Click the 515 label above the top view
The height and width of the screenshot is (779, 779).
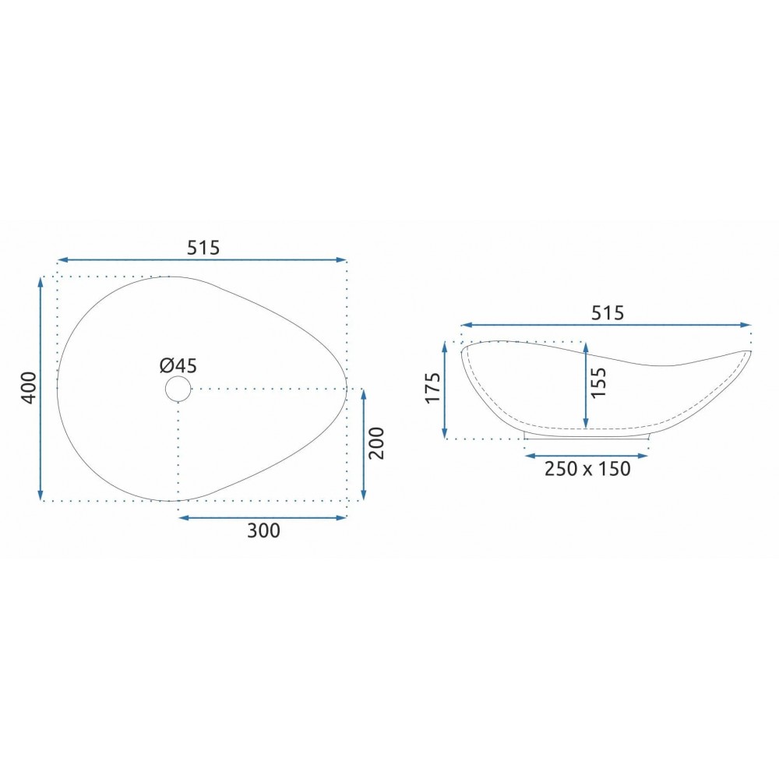pos(203,248)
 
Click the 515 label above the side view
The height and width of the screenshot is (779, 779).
pos(607,313)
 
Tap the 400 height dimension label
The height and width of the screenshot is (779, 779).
pos(29,387)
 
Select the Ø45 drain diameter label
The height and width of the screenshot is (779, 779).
pos(178,365)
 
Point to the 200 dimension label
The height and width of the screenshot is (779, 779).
pos(376,443)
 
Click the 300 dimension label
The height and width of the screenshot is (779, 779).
pos(263,530)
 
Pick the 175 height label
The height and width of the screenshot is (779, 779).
pos(433,388)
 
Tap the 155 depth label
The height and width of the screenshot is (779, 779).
pos(598,382)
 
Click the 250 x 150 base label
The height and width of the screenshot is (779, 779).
pos(587,468)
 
